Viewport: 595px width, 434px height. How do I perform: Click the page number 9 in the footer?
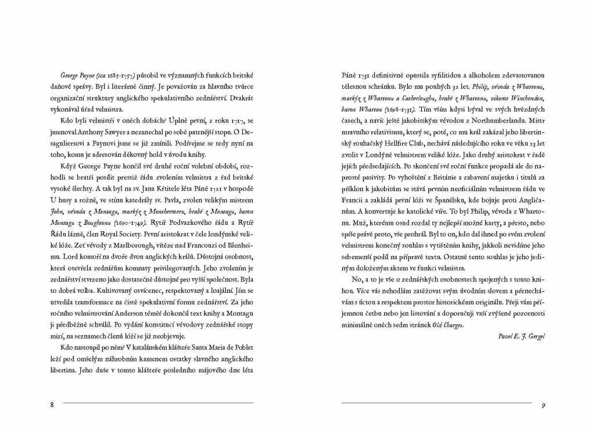[x=542, y=406]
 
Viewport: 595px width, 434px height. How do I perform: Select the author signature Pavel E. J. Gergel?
[x=522, y=336]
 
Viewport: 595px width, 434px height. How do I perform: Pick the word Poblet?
[x=242, y=347]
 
